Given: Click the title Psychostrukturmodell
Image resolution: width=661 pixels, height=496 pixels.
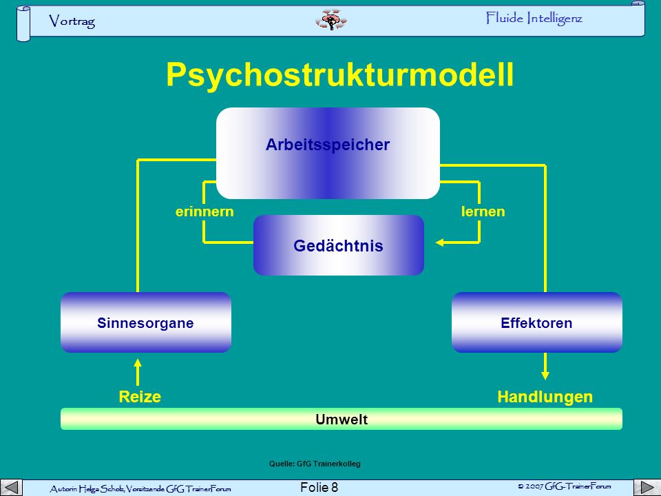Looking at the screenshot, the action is (339, 75).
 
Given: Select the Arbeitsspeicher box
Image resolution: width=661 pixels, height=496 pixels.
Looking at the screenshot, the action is (328, 153).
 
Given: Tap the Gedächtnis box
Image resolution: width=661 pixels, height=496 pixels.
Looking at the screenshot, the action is (339, 245).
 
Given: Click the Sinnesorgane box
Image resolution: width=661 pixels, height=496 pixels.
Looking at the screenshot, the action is (146, 322).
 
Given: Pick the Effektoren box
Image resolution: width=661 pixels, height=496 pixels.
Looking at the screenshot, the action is (536, 322).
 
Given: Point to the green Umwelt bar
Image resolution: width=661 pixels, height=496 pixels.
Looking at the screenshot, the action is (342, 419).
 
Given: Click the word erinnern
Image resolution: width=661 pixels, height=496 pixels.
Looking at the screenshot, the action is (204, 211).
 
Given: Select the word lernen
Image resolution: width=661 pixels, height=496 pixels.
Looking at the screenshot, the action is (483, 211).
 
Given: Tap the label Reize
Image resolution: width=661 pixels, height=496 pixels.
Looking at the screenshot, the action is (140, 397).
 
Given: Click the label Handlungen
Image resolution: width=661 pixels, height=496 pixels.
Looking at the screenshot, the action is (545, 397).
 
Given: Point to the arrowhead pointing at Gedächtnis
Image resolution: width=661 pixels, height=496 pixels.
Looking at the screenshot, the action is (439, 242).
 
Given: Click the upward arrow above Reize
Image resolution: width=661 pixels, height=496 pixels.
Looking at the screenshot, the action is (138, 372).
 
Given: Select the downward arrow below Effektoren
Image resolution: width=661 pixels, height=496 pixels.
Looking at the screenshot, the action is (545, 366).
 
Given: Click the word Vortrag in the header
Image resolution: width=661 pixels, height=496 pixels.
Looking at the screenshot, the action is (72, 21).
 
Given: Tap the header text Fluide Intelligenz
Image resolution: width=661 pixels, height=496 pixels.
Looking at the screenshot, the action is (534, 19).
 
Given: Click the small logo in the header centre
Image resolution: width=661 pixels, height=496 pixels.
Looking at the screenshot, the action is (331, 20).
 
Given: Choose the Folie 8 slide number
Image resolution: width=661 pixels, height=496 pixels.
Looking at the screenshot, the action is (319, 488).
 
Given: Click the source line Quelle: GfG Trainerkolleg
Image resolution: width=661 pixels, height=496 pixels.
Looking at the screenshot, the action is (315, 464).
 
